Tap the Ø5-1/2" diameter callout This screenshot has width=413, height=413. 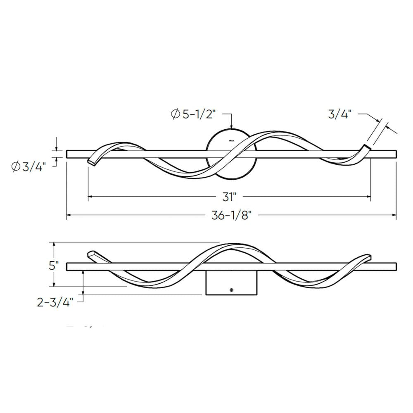pos(194,114)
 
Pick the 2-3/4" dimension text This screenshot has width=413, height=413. pos(55,302)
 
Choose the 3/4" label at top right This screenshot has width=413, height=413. pos(340,114)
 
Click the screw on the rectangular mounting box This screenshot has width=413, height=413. pos(232,290)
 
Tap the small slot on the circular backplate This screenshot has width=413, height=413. pos(231,141)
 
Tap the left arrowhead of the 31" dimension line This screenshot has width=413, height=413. pos(90,197)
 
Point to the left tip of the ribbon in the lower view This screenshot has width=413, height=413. pos(90,253)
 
